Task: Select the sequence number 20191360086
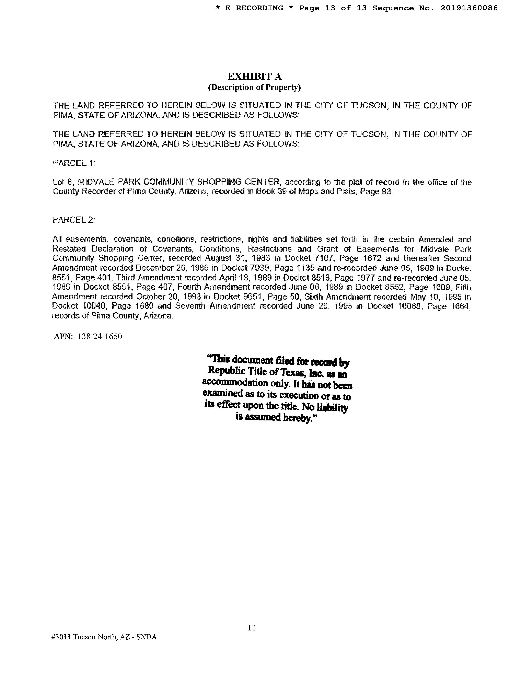click(x=469, y=8)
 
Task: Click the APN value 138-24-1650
click(x=100, y=336)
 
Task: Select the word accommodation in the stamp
click(x=235, y=383)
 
